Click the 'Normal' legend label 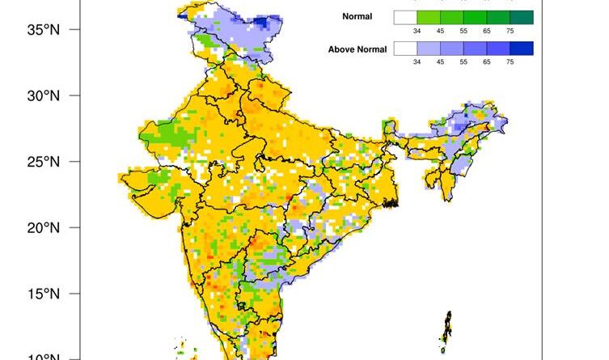click(x=357, y=17)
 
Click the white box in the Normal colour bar click(x=404, y=17)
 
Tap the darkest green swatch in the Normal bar click(x=522, y=17)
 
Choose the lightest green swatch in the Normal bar click(x=428, y=17)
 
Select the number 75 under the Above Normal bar click(x=510, y=61)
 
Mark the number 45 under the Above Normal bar click(x=440, y=61)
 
